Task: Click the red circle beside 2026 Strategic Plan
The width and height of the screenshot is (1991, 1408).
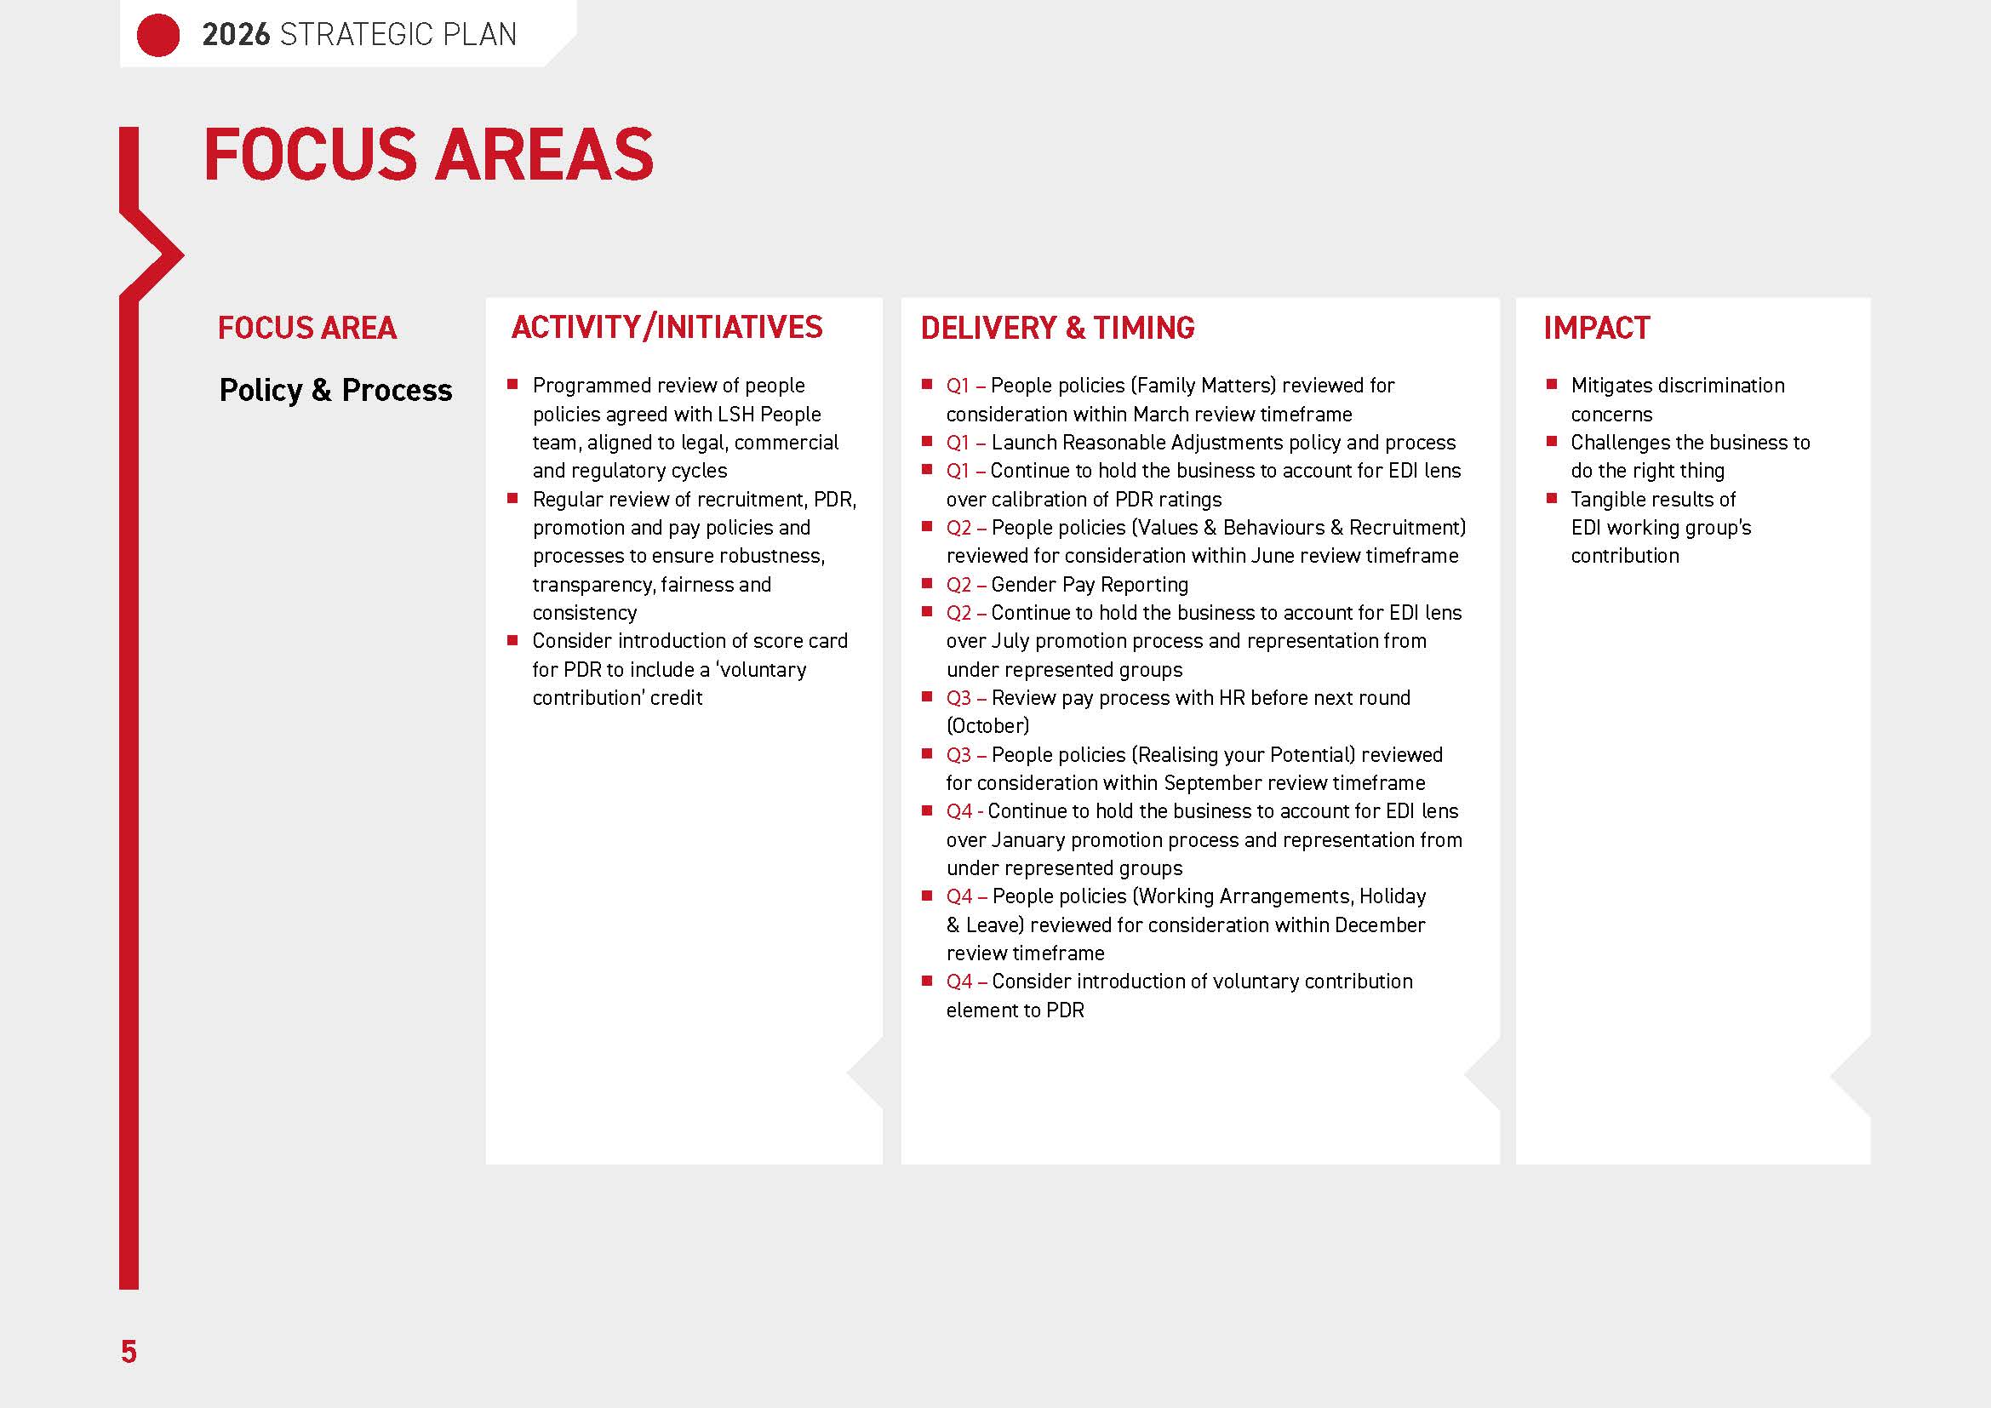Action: pyautogui.click(x=157, y=35)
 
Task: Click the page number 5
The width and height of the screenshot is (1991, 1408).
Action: pyautogui.click(x=129, y=1352)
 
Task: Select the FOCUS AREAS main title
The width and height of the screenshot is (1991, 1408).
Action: pyautogui.click(x=428, y=155)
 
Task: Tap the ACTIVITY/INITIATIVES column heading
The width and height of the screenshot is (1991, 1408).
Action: pyautogui.click(x=667, y=328)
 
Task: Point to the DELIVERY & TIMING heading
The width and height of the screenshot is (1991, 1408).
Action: pyautogui.click(x=1057, y=328)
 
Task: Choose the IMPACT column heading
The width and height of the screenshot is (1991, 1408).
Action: pyautogui.click(x=1596, y=328)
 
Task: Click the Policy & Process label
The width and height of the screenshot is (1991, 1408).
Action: pyautogui.click(x=335, y=390)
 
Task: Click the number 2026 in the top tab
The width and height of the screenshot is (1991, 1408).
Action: pyautogui.click(x=236, y=35)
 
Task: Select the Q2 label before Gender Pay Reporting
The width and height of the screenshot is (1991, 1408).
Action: pyautogui.click(x=958, y=585)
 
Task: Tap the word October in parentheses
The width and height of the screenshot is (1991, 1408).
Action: pyautogui.click(x=987, y=725)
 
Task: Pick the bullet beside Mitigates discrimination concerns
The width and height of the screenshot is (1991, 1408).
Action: pyautogui.click(x=1552, y=384)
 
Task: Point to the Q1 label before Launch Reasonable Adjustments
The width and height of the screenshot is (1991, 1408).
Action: pyautogui.click(x=958, y=443)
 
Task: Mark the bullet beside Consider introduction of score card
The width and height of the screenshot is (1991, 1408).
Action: pyautogui.click(x=512, y=640)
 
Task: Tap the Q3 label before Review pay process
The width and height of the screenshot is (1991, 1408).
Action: pyautogui.click(x=958, y=698)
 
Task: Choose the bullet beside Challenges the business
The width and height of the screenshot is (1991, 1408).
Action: pyautogui.click(x=1552, y=441)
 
